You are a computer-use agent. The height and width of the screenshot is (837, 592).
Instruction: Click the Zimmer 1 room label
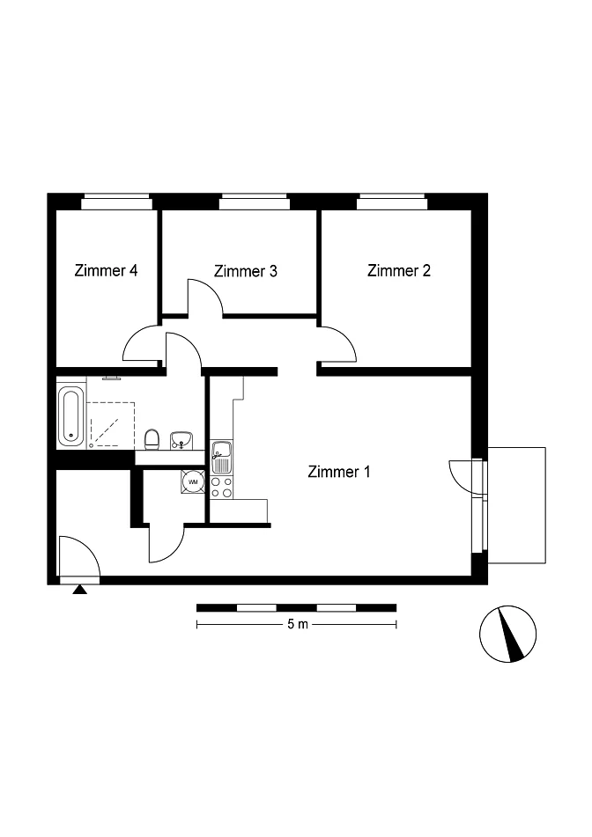click(339, 472)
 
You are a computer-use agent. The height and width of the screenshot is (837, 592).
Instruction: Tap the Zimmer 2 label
click(398, 270)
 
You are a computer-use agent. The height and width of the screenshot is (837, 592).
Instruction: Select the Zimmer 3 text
click(245, 271)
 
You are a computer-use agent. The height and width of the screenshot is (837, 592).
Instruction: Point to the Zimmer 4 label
click(106, 270)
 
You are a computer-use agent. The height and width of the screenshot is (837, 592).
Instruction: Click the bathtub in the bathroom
click(71, 417)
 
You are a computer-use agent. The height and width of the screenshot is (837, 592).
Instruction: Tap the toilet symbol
click(152, 439)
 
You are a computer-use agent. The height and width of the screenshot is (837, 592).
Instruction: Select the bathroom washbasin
click(181, 440)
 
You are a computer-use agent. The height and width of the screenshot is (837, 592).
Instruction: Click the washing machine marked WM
click(193, 481)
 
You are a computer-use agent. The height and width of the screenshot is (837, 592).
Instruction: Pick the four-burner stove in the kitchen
click(222, 487)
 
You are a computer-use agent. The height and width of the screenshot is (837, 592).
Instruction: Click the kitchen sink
click(221, 457)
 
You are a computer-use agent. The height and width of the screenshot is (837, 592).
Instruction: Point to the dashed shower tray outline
click(111, 424)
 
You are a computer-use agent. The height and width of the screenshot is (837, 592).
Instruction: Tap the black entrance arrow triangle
click(79, 590)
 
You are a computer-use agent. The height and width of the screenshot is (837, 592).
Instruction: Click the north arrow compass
click(507, 634)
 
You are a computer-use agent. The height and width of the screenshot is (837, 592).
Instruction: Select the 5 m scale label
click(298, 624)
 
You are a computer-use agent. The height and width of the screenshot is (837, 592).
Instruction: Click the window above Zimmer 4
click(116, 202)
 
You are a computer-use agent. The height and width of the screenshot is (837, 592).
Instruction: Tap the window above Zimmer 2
click(392, 202)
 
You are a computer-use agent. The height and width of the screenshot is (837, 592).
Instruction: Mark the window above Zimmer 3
click(255, 202)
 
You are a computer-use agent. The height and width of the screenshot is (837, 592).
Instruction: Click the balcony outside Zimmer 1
click(516, 505)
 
